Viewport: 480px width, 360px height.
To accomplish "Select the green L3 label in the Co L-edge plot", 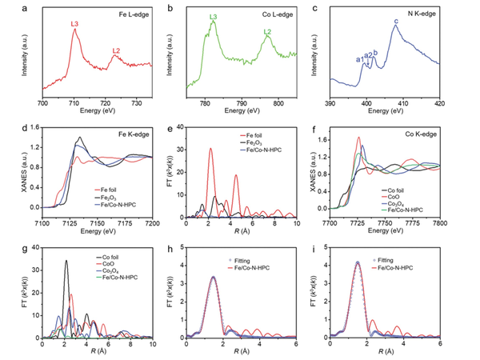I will pyautogui.click(x=213, y=17).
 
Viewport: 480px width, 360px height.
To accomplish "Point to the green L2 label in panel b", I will pyautogui.click(x=269, y=32).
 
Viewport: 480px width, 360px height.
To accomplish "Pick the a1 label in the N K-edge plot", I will pyautogui.click(x=359, y=59).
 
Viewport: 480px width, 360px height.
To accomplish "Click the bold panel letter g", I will pyautogui.click(x=7, y=239).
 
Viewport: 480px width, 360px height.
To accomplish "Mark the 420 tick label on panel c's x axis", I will pyautogui.click(x=439, y=104).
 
